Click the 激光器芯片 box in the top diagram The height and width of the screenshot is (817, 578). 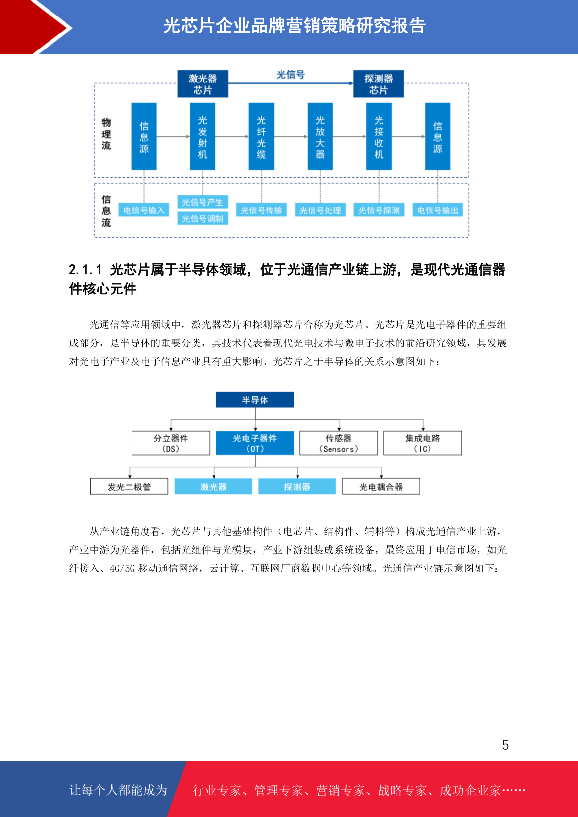[202, 83]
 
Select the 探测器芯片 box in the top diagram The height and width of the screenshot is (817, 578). [379, 83]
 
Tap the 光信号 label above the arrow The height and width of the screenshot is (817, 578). [291, 75]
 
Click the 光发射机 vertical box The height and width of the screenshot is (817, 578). [202, 136]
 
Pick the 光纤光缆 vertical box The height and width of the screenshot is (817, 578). [261, 136]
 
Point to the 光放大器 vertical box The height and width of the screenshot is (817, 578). [320, 136]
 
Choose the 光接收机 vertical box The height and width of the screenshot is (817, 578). [379, 136]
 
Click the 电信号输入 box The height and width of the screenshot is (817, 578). [144, 210]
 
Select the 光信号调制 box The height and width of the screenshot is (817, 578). [202, 218]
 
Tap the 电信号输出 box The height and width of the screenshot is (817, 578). [438, 210]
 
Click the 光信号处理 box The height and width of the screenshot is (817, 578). [320, 210]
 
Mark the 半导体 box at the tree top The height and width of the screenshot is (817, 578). [255, 399]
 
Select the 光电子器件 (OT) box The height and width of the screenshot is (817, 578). [255, 443]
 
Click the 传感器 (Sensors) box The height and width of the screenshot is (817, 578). [339, 443]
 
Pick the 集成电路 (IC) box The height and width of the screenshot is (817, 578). [423, 443]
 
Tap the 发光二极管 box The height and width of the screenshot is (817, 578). [129, 487]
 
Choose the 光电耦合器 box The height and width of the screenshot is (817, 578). [381, 487]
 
